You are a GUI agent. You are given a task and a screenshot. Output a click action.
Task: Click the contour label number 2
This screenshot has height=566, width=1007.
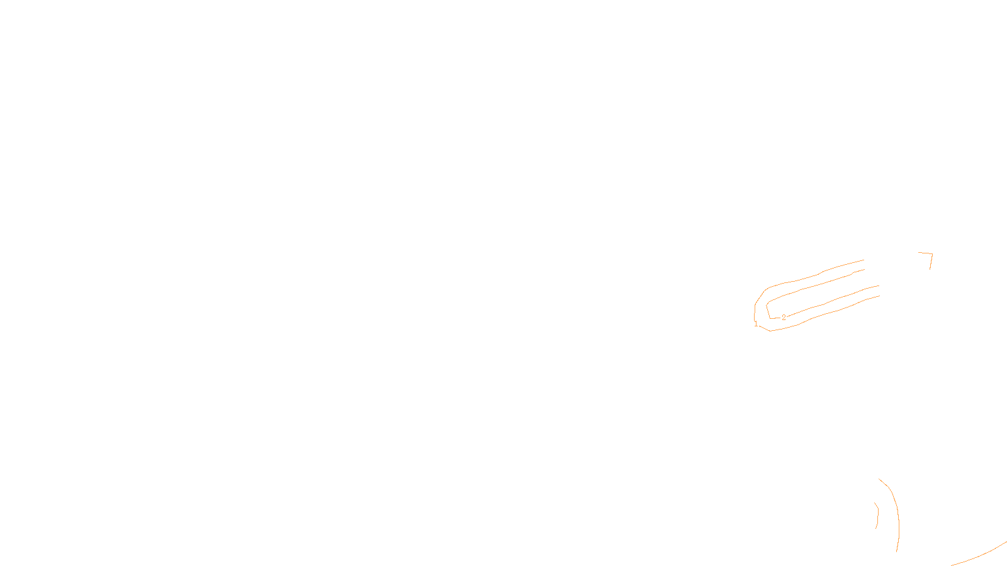tap(784, 318)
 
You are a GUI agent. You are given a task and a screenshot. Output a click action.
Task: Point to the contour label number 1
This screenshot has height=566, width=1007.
tap(756, 324)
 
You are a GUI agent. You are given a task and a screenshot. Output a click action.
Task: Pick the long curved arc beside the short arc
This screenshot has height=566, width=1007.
tap(897, 516)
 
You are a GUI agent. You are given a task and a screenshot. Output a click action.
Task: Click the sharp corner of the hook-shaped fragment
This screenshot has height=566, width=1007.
tap(931, 254)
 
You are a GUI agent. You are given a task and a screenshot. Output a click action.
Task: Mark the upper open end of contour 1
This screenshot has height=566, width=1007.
tap(864, 260)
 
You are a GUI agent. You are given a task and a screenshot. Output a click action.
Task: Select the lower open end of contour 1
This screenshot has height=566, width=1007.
tap(879, 296)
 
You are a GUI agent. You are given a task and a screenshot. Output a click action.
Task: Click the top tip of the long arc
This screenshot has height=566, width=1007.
tap(879, 479)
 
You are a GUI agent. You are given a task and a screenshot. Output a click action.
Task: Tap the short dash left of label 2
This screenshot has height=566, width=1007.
tap(775, 318)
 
